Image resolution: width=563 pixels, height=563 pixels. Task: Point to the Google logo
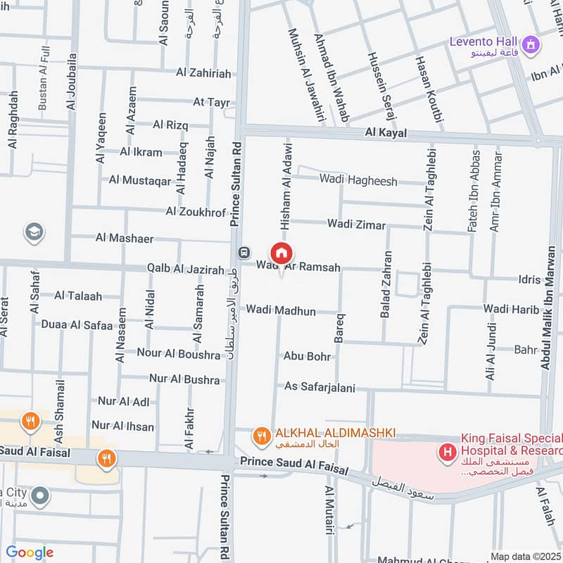[x=30, y=552]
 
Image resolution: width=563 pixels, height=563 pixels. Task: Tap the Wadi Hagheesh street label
[x=358, y=179]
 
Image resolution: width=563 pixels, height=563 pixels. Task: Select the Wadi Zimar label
[x=356, y=225]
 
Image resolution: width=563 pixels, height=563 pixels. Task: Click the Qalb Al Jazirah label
[x=185, y=270]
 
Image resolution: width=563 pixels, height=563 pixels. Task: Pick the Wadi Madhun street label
[x=281, y=310]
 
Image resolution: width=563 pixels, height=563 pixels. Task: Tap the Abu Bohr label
[x=307, y=357]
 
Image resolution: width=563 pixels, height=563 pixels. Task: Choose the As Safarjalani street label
[x=320, y=387]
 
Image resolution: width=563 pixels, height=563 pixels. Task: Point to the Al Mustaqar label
[x=140, y=180]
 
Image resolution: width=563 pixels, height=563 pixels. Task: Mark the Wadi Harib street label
[x=511, y=310]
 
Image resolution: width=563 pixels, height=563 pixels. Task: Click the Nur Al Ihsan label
[x=124, y=425]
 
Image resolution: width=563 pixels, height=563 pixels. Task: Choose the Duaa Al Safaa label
[x=77, y=325]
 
